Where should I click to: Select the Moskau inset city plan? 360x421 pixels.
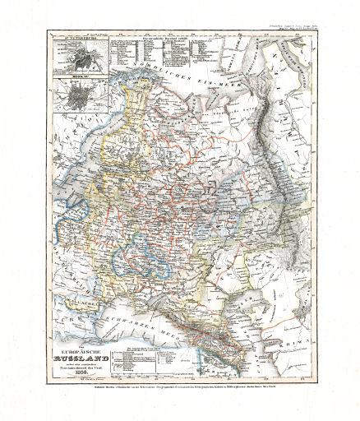81,88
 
